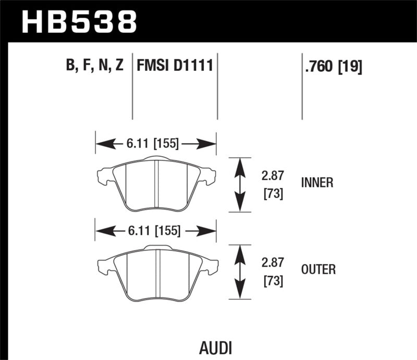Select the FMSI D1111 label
pos(175,66)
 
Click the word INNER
pos(317,183)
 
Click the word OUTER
pos(318,270)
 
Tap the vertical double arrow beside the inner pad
pos(239,184)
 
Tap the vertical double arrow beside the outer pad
pos(239,271)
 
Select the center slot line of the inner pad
pos(156,182)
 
